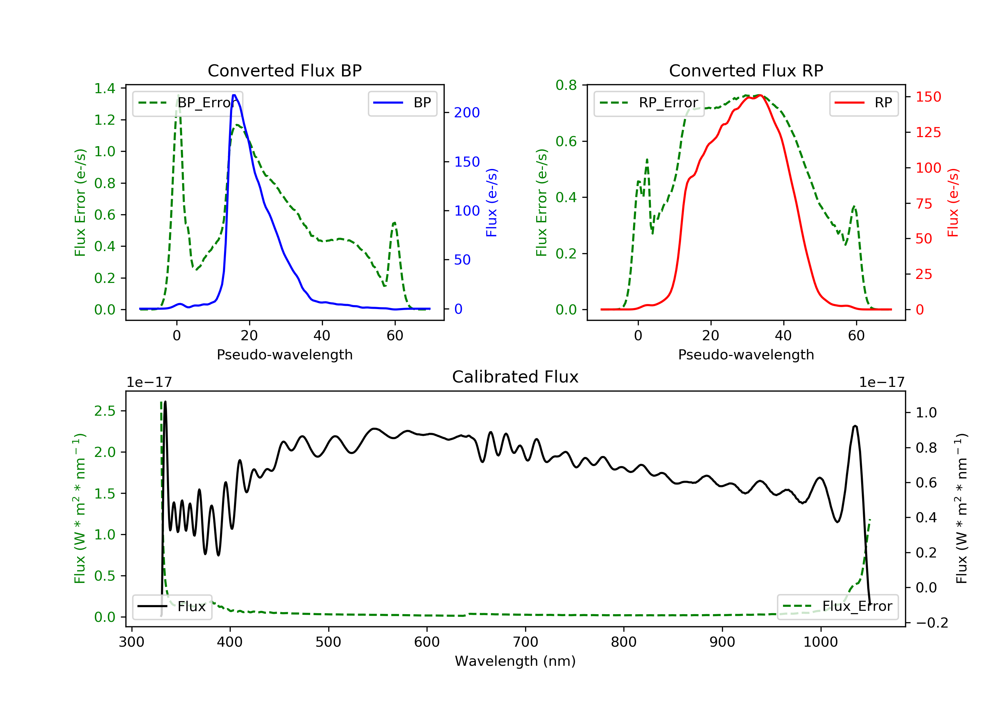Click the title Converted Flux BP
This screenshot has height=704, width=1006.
[284, 70]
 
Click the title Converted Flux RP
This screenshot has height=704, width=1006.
[746, 70]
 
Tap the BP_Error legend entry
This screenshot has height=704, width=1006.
[187, 103]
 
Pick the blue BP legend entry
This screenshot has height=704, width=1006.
[402, 103]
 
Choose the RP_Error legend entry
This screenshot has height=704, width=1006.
[649, 103]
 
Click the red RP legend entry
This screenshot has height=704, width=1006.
[863, 103]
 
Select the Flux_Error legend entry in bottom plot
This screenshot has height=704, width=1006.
[837, 606]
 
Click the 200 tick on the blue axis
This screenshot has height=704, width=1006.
[467, 113]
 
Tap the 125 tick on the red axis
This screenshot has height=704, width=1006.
[928, 132]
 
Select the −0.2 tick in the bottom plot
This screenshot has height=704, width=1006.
[932, 623]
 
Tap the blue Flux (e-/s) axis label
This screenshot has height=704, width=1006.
[492, 203]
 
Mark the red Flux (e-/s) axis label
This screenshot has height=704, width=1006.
[953, 203]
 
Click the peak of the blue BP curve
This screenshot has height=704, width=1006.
[234, 95]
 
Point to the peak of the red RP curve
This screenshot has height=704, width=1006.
[760, 96]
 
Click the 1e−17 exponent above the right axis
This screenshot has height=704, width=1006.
[881, 383]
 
